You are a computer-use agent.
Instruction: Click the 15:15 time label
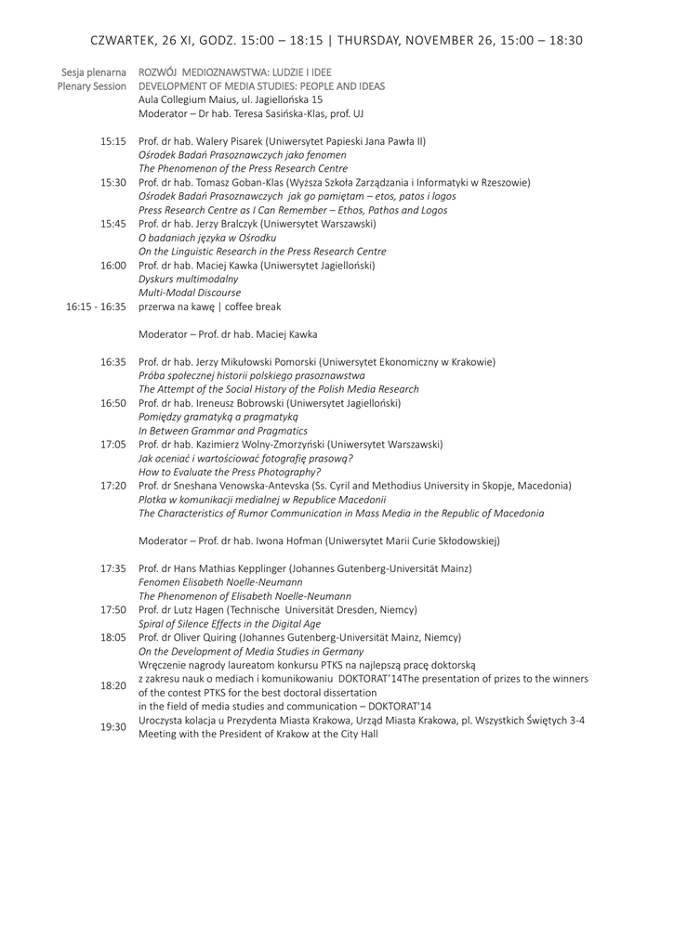pos(113,141)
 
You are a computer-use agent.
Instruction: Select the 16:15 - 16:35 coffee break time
pos(96,306)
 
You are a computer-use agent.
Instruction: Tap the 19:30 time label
pos(113,726)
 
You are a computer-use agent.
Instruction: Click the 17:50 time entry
pos(113,609)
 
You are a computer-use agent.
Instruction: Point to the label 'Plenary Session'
pos(91,85)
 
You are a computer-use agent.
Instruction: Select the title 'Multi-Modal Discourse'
pos(189,292)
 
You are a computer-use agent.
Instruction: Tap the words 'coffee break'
pos(251,306)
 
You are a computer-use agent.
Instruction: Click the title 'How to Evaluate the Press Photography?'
pos(230,472)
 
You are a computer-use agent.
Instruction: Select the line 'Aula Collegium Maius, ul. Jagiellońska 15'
pos(231,99)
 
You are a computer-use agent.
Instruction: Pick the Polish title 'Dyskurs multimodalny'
pos(188,278)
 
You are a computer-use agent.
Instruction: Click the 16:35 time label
pos(113,361)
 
